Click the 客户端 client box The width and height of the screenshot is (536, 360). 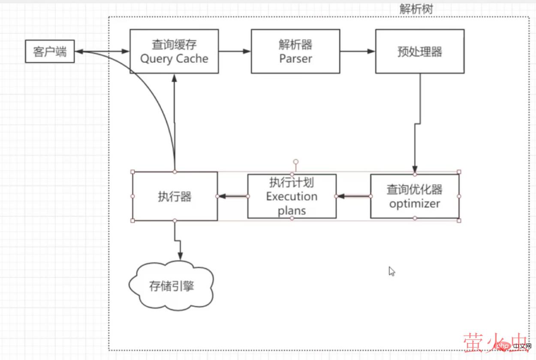[x=50, y=51]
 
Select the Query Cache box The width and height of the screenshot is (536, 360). [x=174, y=51]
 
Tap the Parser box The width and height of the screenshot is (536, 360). [x=295, y=51]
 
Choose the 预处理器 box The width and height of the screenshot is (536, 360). [x=419, y=51]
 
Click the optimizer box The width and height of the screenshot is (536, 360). [x=415, y=196]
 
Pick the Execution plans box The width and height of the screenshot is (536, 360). [x=292, y=196]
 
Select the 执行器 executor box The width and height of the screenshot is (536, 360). [x=175, y=196]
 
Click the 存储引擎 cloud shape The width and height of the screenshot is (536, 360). [x=172, y=285]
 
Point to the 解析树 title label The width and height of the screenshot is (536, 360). [x=416, y=9]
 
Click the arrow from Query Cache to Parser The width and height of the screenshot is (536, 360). [x=235, y=51]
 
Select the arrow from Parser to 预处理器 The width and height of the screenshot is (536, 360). [x=358, y=51]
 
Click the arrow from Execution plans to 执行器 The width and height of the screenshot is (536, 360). [x=233, y=196]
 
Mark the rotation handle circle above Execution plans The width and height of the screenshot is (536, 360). [x=295, y=162]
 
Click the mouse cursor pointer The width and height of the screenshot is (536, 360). [x=391, y=271]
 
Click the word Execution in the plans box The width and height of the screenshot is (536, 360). [x=292, y=197]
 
